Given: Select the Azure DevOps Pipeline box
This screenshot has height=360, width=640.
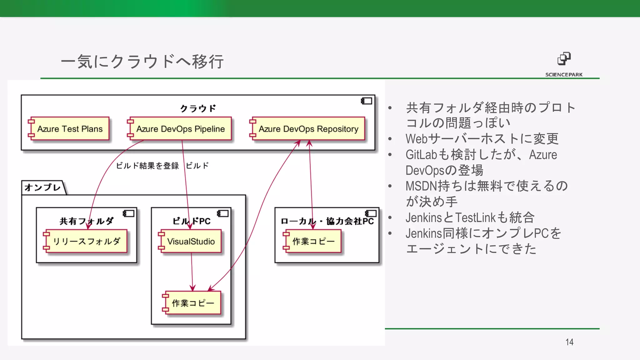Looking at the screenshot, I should click(180, 129).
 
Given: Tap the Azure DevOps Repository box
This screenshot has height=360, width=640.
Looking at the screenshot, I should click(308, 129).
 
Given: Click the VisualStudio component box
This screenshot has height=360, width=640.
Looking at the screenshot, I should click(191, 241).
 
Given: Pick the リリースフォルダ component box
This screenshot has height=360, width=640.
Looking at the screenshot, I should click(87, 241).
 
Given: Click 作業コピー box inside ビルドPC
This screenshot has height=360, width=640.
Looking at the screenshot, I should click(193, 303).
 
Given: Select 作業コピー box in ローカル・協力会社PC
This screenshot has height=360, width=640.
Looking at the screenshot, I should click(313, 241).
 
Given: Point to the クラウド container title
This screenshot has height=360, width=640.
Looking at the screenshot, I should click(198, 108).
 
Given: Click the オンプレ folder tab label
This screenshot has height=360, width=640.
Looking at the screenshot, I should click(43, 187).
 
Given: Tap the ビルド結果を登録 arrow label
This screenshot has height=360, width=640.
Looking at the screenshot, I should click(147, 166).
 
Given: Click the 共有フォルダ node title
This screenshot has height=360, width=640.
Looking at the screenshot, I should click(87, 221).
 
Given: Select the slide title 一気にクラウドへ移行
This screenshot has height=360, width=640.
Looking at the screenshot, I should click(142, 62).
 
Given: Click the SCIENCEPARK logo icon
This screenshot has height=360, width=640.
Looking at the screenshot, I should click(564, 59).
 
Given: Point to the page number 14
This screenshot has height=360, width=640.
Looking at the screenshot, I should click(569, 342).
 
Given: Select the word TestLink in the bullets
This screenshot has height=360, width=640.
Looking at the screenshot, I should click(475, 217).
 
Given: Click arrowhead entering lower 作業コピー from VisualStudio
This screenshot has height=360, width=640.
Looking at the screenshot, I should click(192, 288).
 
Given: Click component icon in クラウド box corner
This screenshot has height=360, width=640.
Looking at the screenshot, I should click(367, 101).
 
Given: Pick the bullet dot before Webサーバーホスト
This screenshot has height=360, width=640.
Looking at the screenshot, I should click(390, 139).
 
